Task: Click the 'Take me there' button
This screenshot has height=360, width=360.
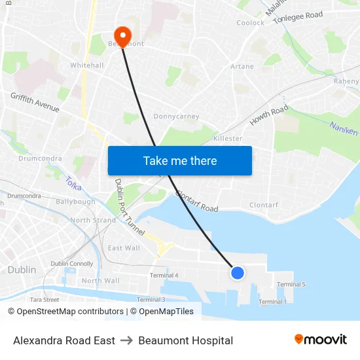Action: click(x=180, y=160)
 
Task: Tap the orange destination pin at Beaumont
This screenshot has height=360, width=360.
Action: click(x=122, y=35)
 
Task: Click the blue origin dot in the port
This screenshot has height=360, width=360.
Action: click(x=238, y=272)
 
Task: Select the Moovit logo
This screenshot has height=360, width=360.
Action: click(x=321, y=340)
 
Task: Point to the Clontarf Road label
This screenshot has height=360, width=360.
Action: click(x=197, y=202)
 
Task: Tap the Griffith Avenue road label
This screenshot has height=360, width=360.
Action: click(x=35, y=102)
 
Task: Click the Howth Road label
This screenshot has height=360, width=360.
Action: click(x=268, y=116)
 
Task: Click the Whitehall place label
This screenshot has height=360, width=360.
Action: click(x=87, y=65)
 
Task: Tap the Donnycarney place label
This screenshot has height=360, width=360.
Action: click(x=176, y=117)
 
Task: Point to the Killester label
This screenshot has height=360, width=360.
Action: click(x=228, y=139)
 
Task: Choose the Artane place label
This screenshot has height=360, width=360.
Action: click(x=242, y=67)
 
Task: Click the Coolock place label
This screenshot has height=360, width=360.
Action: click(x=250, y=23)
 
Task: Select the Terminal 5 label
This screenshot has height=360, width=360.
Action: click(x=291, y=285)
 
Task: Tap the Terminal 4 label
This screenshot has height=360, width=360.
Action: click(x=164, y=276)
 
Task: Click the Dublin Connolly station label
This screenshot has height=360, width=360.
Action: click(x=72, y=264)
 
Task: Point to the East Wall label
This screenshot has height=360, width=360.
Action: click(x=124, y=248)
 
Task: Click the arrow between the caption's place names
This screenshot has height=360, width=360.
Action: click(x=126, y=340)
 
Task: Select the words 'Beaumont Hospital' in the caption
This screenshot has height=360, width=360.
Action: click(x=185, y=340)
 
